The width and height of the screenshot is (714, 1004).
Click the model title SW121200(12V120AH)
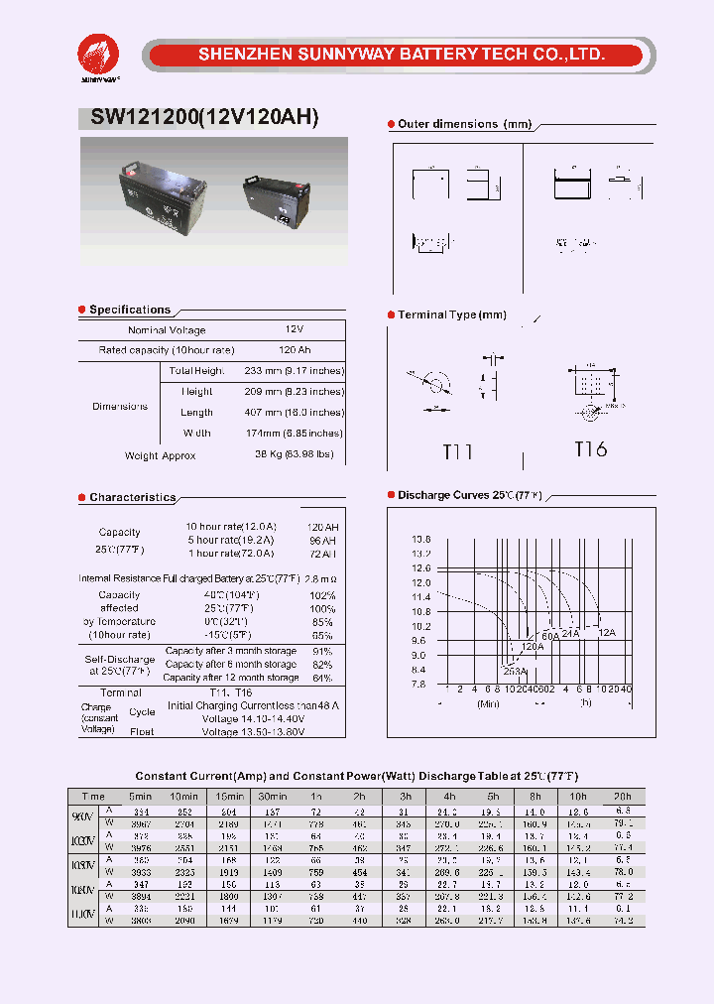[204, 117]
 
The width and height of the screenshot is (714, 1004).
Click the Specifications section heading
[129, 310]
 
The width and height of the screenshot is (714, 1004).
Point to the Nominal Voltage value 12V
[295, 329]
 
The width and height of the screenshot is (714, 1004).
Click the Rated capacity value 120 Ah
[295, 350]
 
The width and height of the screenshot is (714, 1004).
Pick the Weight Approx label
[160, 455]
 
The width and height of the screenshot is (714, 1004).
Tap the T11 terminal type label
[457, 452]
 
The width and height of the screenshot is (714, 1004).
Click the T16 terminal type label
[590, 449]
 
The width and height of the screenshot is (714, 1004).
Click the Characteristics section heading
[132, 497]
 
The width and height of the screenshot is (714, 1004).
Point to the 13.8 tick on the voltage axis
[420, 539]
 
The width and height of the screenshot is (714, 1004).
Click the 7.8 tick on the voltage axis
[420, 685]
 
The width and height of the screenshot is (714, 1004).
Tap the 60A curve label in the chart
[549, 635]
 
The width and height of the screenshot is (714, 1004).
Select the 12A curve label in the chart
[606, 631]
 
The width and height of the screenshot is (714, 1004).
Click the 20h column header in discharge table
[621, 797]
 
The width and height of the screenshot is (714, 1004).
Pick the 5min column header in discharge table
[140, 797]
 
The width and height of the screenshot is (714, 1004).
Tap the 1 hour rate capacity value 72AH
[321, 554]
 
